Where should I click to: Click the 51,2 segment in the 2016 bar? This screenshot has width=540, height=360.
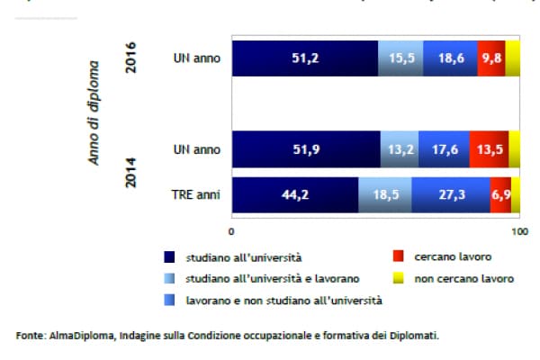click(304, 59)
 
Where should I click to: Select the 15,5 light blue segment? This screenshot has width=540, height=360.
click(400, 59)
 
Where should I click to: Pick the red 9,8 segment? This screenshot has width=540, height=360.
click(491, 59)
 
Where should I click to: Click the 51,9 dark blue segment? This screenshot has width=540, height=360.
click(306, 150)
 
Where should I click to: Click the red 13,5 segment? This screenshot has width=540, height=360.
click(489, 150)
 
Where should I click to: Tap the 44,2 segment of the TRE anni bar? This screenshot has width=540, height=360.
click(295, 194)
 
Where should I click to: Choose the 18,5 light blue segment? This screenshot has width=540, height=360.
click(385, 194)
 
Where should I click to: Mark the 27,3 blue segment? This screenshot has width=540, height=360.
click(451, 194)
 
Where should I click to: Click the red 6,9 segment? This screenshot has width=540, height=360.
click(500, 194)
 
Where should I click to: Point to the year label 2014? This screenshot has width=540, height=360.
click(131, 173)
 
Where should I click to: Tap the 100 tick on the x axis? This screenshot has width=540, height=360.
click(518, 232)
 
